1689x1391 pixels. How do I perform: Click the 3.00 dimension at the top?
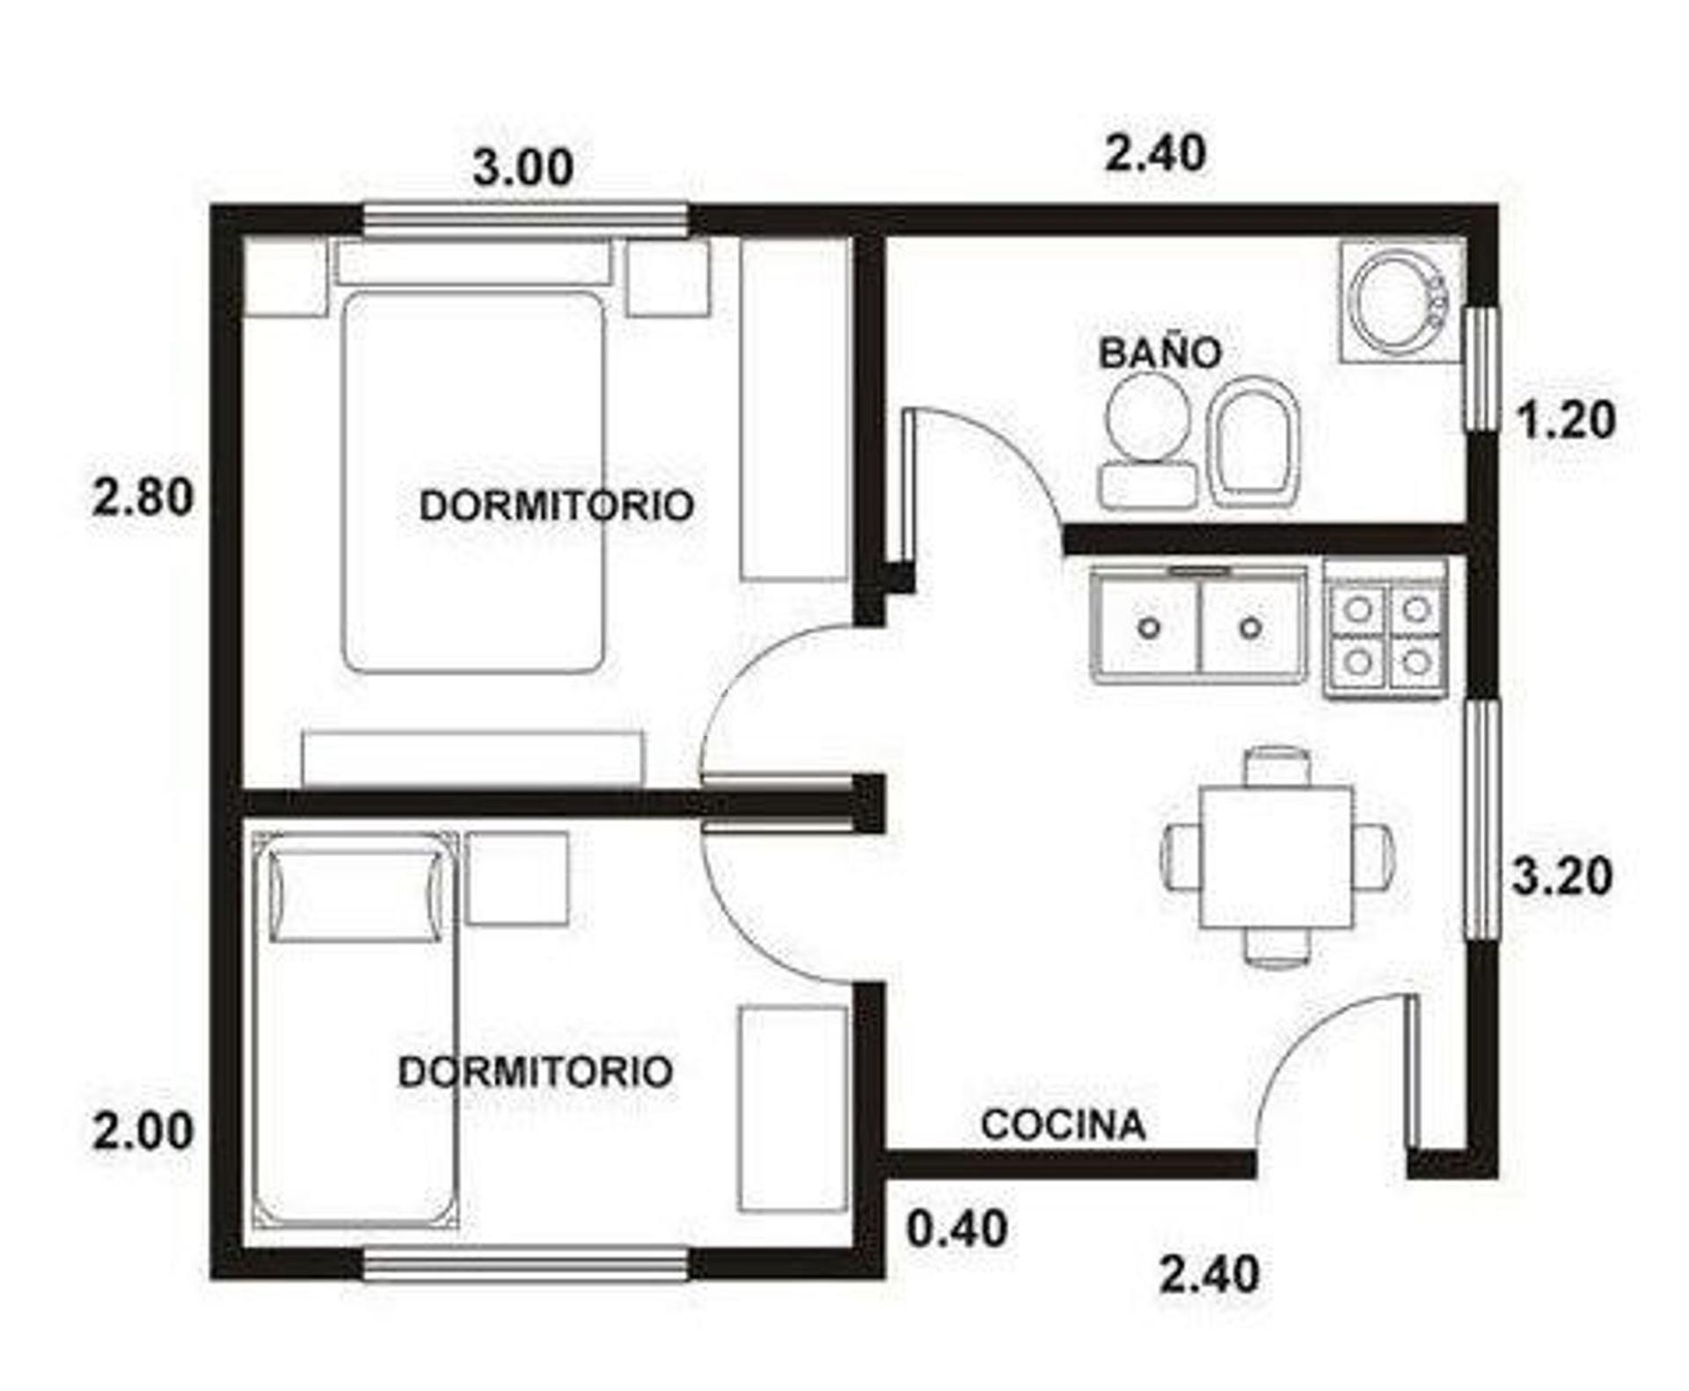tap(523, 167)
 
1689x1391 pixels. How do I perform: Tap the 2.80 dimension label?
tap(143, 498)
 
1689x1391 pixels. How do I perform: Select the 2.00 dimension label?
tap(143, 1132)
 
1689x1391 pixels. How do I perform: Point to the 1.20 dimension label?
tap(1567, 420)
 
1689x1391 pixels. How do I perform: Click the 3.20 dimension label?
tap(1562, 876)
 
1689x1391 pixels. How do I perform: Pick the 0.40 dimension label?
tap(957, 1228)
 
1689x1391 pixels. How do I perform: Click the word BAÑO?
tap(1160, 353)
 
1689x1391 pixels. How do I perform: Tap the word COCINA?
tap(1064, 1125)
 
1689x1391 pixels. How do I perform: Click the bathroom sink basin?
tap(1399, 301)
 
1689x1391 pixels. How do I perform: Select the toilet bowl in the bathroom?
tap(1149, 440)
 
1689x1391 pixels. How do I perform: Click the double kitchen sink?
tap(1198, 626)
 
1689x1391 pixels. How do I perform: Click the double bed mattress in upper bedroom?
tap(473, 483)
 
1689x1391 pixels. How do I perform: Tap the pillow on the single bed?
tap(355, 896)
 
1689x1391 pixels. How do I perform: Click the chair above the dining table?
tap(1278, 766)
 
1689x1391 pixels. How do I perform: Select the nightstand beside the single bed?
tap(517, 878)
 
